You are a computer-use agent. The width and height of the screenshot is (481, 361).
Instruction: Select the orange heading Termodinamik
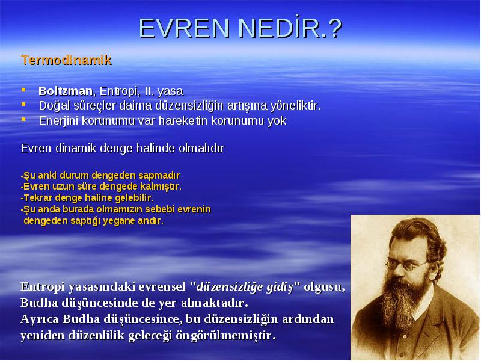pyautogui.click(x=66, y=60)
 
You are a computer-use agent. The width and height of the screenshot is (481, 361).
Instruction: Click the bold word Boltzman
pyautogui.click(x=66, y=91)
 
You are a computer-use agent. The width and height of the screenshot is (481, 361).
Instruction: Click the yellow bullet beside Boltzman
pyautogui.click(x=23, y=90)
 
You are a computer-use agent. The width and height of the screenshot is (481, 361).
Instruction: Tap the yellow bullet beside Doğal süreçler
pyautogui.click(x=23, y=104)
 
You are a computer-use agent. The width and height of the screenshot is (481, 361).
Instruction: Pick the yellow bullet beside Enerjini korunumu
pyautogui.click(x=23, y=119)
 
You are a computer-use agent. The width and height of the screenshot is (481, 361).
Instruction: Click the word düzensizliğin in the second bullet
pyautogui.click(x=189, y=106)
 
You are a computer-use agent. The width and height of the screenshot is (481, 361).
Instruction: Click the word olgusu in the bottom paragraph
pyautogui.click(x=324, y=287)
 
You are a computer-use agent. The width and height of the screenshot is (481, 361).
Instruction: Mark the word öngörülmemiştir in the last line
pyautogui.click(x=226, y=335)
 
